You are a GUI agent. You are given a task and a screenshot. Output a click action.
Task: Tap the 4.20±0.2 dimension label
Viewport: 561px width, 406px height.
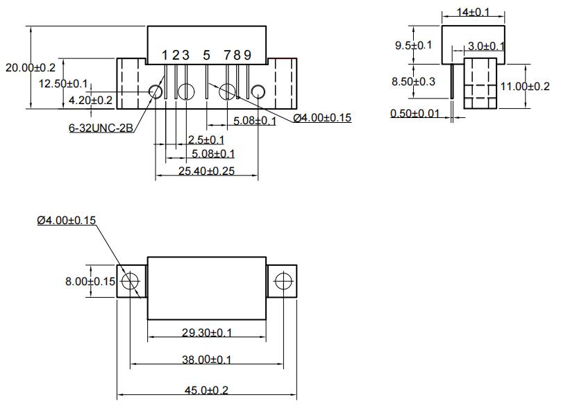[90, 100]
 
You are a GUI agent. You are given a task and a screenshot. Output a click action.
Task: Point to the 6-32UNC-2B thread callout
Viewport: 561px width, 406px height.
[101, 128]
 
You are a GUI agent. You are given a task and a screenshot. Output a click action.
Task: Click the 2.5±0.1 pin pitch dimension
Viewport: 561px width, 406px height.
[206, 140]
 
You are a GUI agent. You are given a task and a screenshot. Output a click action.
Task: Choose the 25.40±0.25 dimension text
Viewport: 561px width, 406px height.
[206, 170]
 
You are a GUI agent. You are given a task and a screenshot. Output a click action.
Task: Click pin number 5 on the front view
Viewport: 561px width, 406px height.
[206, 55]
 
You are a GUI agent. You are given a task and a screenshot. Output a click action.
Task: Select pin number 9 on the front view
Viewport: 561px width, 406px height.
[247, 55]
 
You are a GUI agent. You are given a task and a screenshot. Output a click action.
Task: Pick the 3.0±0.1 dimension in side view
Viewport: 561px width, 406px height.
[485, 46]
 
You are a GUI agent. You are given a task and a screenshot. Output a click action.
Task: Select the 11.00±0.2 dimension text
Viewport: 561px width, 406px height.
[524, 86]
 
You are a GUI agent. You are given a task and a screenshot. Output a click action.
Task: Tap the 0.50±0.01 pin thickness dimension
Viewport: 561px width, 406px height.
[415, 114]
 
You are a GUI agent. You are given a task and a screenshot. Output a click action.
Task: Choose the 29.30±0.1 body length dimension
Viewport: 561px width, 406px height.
[207, 332]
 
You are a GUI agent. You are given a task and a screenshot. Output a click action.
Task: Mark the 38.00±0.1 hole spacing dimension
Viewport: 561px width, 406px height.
[207, 359]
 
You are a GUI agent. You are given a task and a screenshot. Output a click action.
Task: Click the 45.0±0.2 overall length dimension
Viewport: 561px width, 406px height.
[206, 391]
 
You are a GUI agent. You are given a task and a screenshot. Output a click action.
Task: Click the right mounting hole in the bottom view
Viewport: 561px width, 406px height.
[283, 281]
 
